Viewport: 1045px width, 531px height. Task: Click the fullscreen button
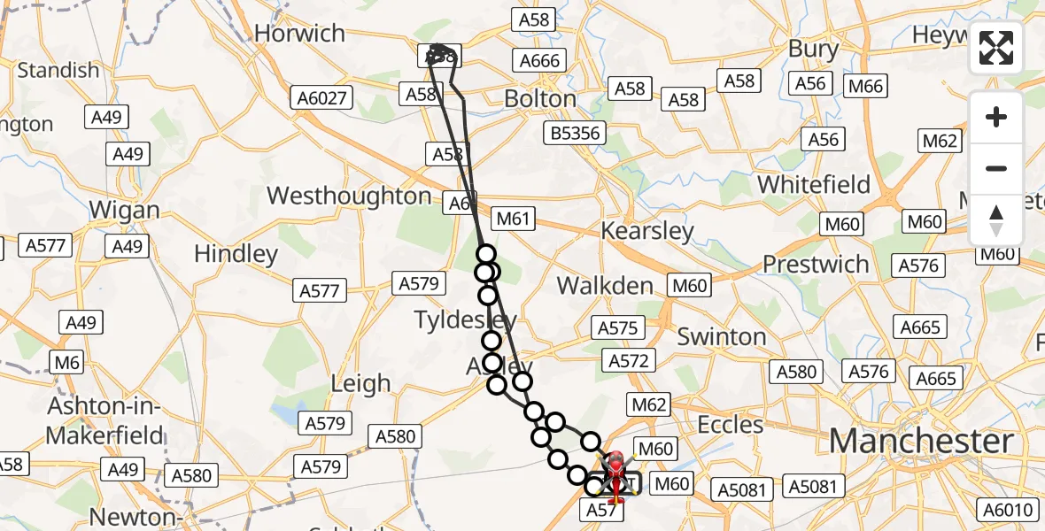pyautogui.click(x=996, y=48)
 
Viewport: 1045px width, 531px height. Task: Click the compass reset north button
pyautogui.click(x=996, y=220)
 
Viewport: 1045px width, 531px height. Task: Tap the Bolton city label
pyautogui.click(x=540, y=98)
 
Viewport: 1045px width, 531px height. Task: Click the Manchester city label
pyautogui.click(x=921, y=440)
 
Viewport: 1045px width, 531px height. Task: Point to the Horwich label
pyautogui.click(x=299, y=34)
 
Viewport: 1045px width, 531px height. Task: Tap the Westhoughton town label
pyautogui.click(x=349, y=196)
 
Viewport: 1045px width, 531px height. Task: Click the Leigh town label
pyautogui.click(x=360, y=383)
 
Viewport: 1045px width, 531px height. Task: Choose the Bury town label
pyautogui.click(x=813, y=49)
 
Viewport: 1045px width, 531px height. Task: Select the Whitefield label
pyautogui.click(x=814, y=185)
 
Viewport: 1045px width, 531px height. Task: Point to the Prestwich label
pyautogui.click(x=816, y=264)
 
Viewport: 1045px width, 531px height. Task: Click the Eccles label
pyautogui.click(x=730, y=425)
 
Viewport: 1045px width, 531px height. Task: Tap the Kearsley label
pyautogui.click(x=647, y=232)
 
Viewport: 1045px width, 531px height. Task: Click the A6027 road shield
pyautogui.click(x=322, y=97)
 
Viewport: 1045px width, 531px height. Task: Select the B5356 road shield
pyautogui.click(x=575, y=134)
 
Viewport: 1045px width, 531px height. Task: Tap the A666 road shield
pyautogui.click(x=540, y=60)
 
